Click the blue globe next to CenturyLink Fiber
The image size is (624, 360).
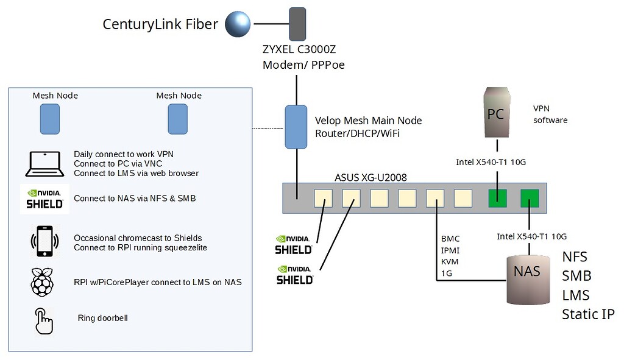[238, 24]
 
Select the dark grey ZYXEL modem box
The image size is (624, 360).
[297, 24]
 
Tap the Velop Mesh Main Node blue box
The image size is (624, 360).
[297, 127]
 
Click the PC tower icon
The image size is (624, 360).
[495, 113]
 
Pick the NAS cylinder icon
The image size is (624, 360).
[527, 278]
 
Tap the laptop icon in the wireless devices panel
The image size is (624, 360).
[44, 164]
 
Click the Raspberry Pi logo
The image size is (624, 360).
[44, 282]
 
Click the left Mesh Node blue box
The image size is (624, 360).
[51, 119]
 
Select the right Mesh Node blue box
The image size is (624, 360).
[178, 119]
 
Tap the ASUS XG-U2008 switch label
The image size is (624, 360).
[370, 177]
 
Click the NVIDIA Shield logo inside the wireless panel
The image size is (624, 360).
[44, 199]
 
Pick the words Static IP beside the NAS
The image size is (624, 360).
[588, 314]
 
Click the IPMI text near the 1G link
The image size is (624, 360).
[450, 250]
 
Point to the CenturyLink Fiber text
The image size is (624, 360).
[160, 24]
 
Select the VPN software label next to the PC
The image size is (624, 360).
[550, 114]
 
